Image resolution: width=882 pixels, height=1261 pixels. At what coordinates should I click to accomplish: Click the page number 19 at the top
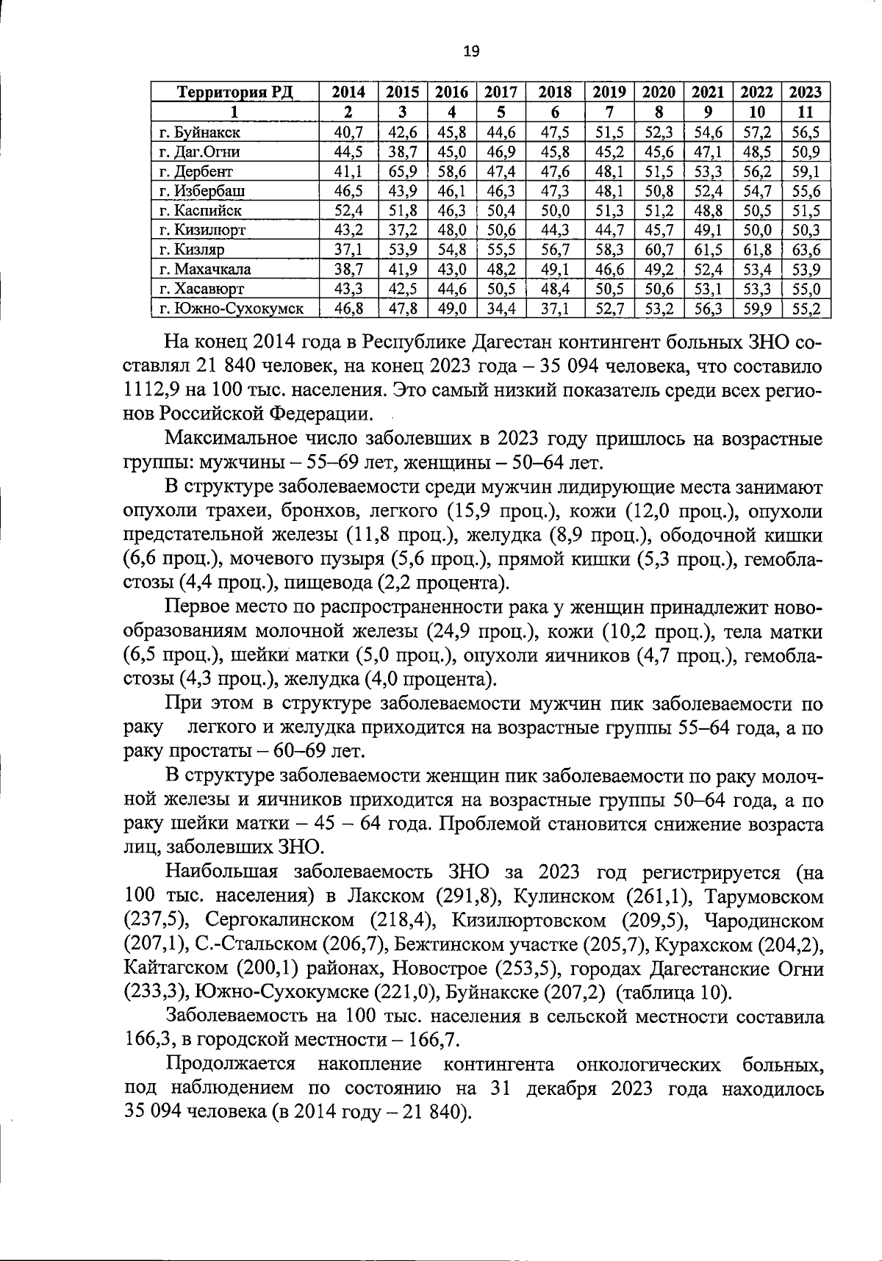pos(471,51)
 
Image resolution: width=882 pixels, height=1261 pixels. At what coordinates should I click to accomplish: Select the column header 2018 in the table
pos(555,92)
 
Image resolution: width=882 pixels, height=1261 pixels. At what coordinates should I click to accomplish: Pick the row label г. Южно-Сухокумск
pos(232,308)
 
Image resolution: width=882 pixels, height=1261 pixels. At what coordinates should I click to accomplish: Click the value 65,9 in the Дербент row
pos(403,171)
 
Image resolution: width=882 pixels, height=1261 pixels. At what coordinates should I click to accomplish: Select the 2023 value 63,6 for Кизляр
pos(806,249)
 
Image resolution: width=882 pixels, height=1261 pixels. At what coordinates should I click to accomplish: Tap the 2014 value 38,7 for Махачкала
pos(348,269)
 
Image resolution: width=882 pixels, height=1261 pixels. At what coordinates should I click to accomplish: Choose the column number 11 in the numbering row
pos(806,112)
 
